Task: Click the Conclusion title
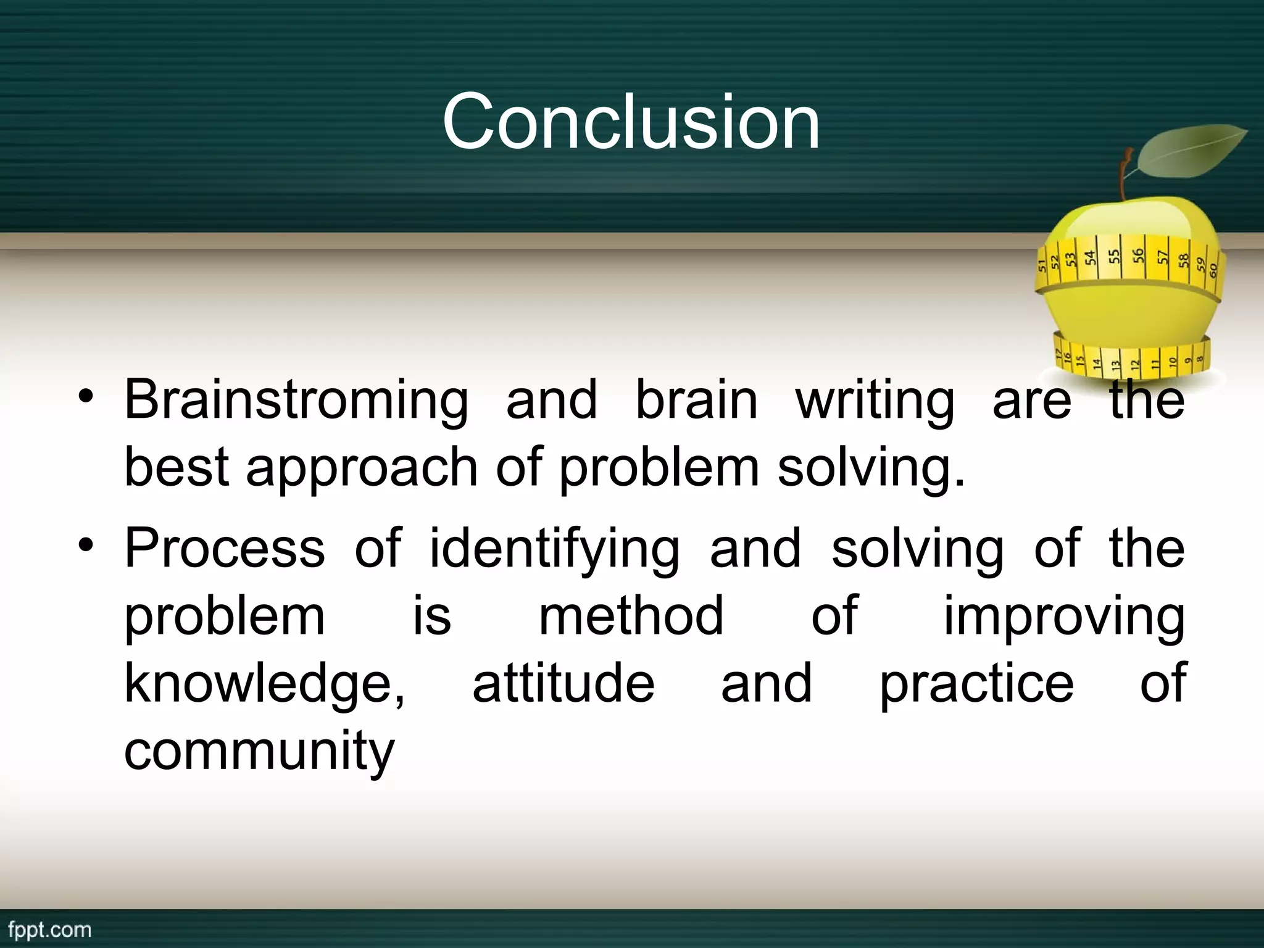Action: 631,121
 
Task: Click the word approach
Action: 362,467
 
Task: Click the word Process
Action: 225,548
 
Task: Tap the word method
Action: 631,615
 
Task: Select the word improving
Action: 1064,617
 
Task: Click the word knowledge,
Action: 265,683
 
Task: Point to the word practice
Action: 976,683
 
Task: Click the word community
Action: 259,752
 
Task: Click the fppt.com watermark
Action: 50,929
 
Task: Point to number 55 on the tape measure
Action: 1114,257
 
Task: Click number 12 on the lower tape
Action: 1134,365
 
